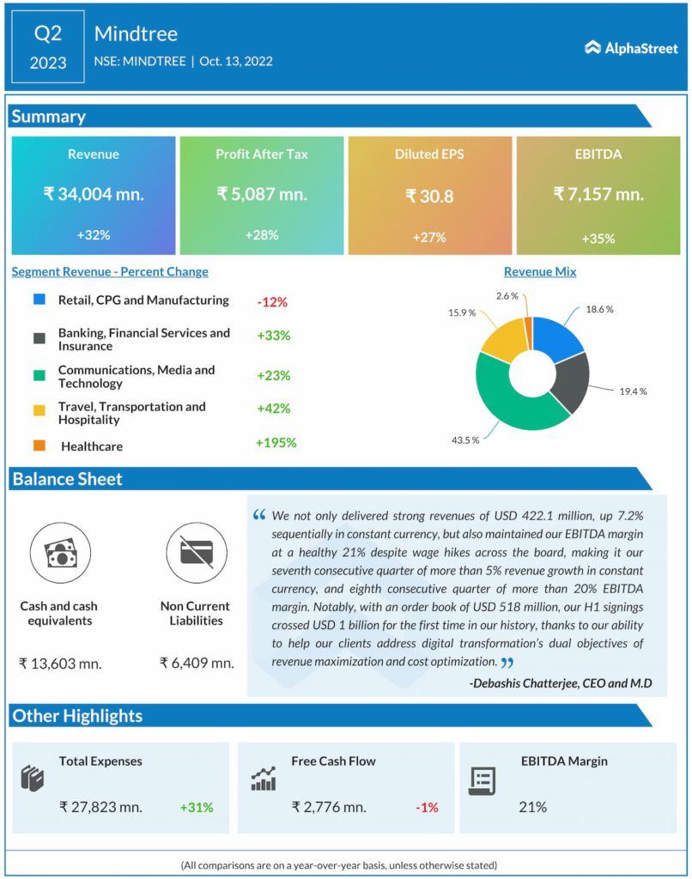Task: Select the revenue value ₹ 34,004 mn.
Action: (x=94, y=194)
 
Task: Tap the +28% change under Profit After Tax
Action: (x=261, y=234)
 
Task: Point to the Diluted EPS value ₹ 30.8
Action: (x=429, y=196)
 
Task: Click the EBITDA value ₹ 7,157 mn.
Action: (x=598, y=194)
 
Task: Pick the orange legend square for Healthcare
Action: (x=39, y=446)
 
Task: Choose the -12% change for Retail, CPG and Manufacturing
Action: (x=271, y=302)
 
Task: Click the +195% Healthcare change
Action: (x=276, y=443)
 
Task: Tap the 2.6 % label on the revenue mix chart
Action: (x=507, y=295)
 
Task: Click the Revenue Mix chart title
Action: (x=539, y=272)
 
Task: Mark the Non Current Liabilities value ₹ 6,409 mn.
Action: (x=197, y=663)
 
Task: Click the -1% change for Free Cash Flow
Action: (x=427, y=807)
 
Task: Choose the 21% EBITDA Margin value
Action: (x=532, y=807)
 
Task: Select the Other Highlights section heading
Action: (x=77, y=716)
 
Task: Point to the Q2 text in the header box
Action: (x=48, y=34)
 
